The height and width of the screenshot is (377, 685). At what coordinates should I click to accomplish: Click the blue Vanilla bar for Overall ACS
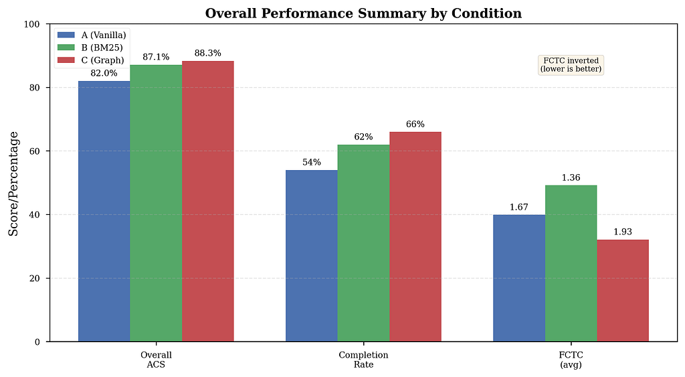(x=104, y=211)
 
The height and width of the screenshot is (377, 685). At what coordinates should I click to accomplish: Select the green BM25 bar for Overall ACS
(x=156, y=204)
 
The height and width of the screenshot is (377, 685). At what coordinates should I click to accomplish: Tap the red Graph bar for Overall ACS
(x=208, y=201)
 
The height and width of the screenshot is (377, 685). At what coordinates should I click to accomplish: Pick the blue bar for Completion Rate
(x=312, y=256)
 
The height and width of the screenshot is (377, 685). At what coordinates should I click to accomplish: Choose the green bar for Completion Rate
(x=363, y=243)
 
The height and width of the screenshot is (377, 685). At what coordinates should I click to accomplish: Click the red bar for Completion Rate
(x=415, y=236)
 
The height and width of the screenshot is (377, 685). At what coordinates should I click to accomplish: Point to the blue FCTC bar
(x=519, y=278)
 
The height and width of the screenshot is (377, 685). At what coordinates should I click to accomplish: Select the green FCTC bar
(x=571, y=263)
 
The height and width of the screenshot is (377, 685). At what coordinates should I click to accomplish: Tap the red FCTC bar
(x=623, y=291)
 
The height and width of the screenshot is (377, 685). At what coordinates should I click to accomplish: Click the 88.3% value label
(x=208, y=54)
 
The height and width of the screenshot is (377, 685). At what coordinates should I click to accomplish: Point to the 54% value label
(x=312, y=162)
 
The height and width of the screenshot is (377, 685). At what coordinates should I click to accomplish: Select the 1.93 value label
(x=623, y=232)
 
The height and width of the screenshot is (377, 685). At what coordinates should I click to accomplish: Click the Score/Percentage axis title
(x=14, y=183)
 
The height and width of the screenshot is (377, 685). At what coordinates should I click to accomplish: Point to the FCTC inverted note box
(x=571, y=65)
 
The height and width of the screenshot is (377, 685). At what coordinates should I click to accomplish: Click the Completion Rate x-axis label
(x=363, y=360)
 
